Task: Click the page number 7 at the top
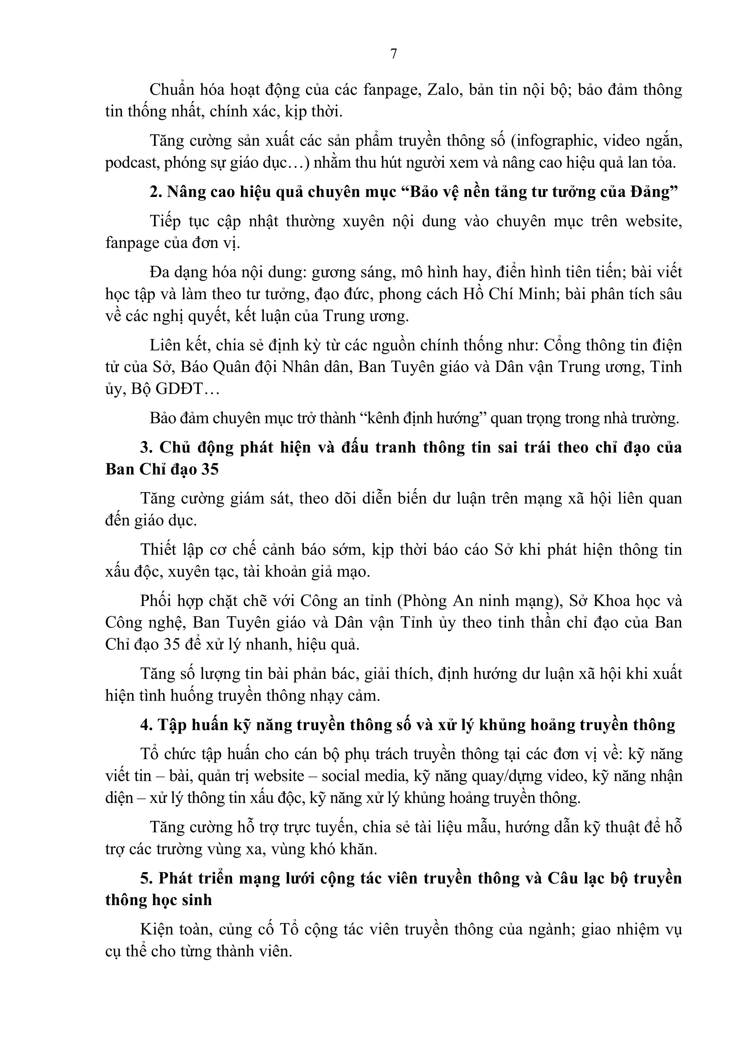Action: point(393,54)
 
